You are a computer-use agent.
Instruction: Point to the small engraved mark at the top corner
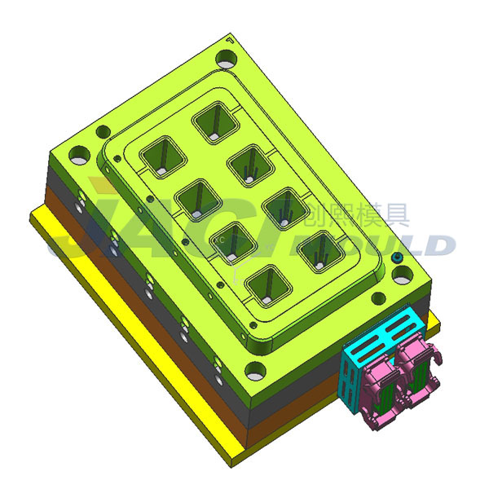231,38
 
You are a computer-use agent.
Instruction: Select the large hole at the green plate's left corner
79,153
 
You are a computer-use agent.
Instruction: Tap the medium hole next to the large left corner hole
103,131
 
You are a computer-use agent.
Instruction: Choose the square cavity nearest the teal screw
318,250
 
